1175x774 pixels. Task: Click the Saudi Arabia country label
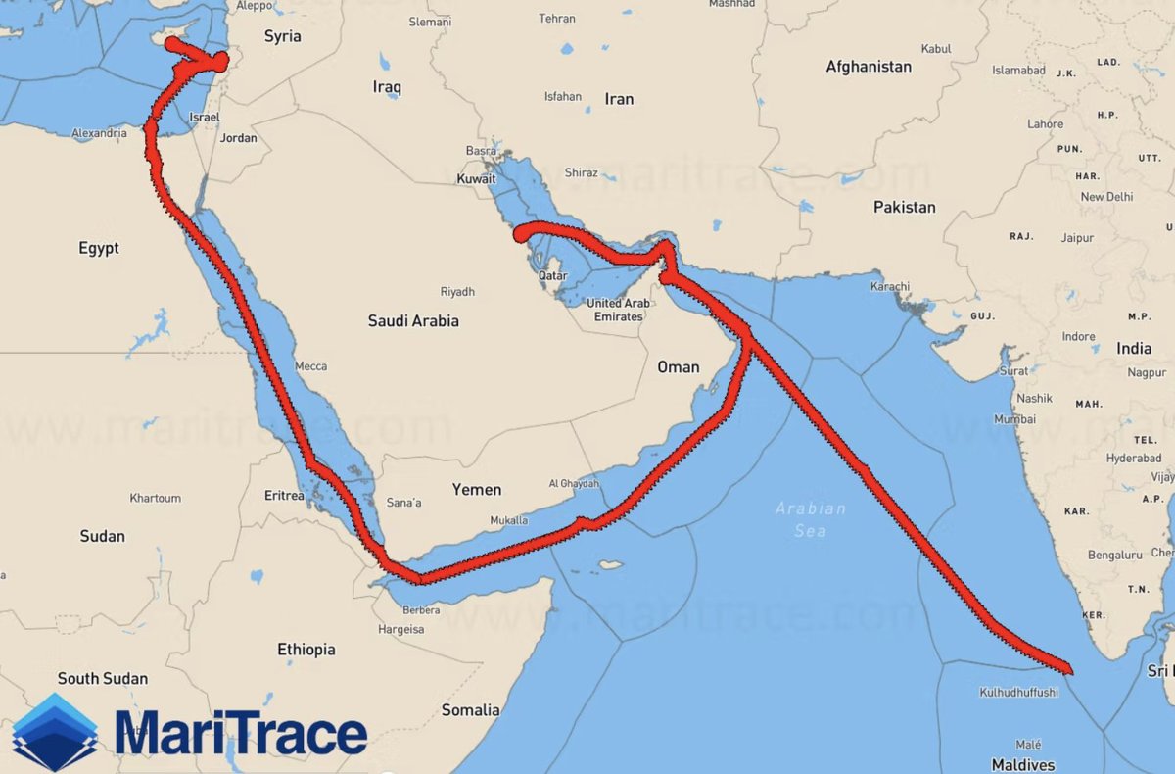pos(413,321)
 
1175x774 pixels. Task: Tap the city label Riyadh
pos(457,292)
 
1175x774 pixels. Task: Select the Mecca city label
pos(310,366)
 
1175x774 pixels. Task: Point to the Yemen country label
pos(477,490)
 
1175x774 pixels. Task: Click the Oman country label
pos(679,367)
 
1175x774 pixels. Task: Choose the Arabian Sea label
pos(811,519)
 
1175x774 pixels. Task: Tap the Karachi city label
pos(889,287)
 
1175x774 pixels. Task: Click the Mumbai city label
pos(1014,419)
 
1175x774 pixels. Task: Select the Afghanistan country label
pos(869,67)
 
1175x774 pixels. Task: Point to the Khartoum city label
pos(155,499)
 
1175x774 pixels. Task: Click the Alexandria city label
pos(99,134)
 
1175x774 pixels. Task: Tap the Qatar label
pos(553,276)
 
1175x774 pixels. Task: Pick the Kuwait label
pos(477,180)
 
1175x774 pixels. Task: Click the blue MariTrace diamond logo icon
pos(55,732)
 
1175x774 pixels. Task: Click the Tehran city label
pos(557,19)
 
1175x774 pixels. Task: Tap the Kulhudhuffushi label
pos(1018,693)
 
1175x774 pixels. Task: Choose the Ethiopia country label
pos(306,650)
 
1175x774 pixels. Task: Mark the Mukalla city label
pos(509,520)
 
